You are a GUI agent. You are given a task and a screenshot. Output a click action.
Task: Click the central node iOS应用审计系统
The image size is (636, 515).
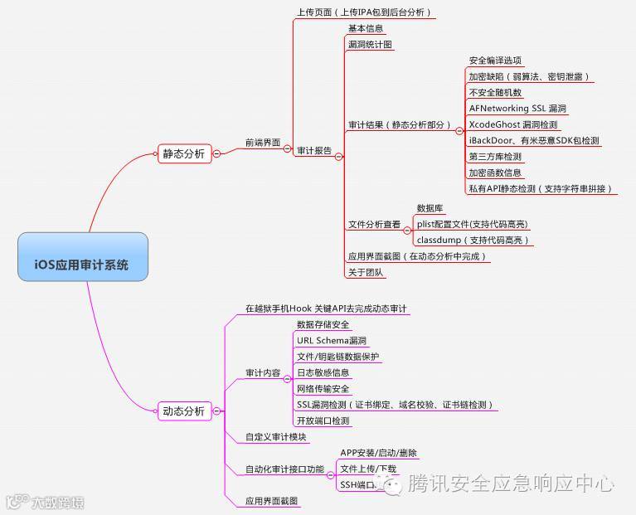click(x=82, y=265)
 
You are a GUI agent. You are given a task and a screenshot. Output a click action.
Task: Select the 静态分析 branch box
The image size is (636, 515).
click(x=183, y=153)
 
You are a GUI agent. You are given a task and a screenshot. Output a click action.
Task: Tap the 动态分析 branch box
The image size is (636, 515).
click(x=183, y=411)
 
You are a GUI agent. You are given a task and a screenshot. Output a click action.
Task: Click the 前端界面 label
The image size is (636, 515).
click(x=262, y=143)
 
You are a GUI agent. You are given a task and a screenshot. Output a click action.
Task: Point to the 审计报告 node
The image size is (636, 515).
click(x=314, y=151)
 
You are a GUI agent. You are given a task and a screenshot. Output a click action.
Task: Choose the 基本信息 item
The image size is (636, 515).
click(x=366, y=29)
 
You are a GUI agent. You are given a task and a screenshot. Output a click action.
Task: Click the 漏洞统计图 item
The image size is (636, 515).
click(x=370, y=45)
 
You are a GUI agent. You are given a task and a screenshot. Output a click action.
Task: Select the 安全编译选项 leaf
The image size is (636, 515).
click(x=495, y=61)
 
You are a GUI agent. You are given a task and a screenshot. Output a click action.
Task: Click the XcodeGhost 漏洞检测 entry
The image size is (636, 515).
click(x=513, y=124)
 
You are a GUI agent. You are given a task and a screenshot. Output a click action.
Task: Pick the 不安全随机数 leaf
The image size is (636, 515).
click(x=495, y=92)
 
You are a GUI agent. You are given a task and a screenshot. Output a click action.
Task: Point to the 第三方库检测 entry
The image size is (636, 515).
click(x=495, y=157)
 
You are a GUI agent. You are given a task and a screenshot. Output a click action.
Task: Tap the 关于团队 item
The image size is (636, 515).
click(x=366, y=272)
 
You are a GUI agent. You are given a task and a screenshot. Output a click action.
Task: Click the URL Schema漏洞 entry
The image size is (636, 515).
click(x=332, y=341)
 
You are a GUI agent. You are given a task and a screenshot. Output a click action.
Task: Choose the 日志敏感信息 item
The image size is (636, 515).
click(x=323, y=372)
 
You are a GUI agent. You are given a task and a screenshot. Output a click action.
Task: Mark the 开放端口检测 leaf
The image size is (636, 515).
click(x=323, y=420)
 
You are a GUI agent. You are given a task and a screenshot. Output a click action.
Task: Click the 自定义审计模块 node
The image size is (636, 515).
click(x=276, y=437)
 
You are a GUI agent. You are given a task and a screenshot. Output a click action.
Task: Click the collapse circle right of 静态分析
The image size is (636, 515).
click(x=216, y=153)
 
